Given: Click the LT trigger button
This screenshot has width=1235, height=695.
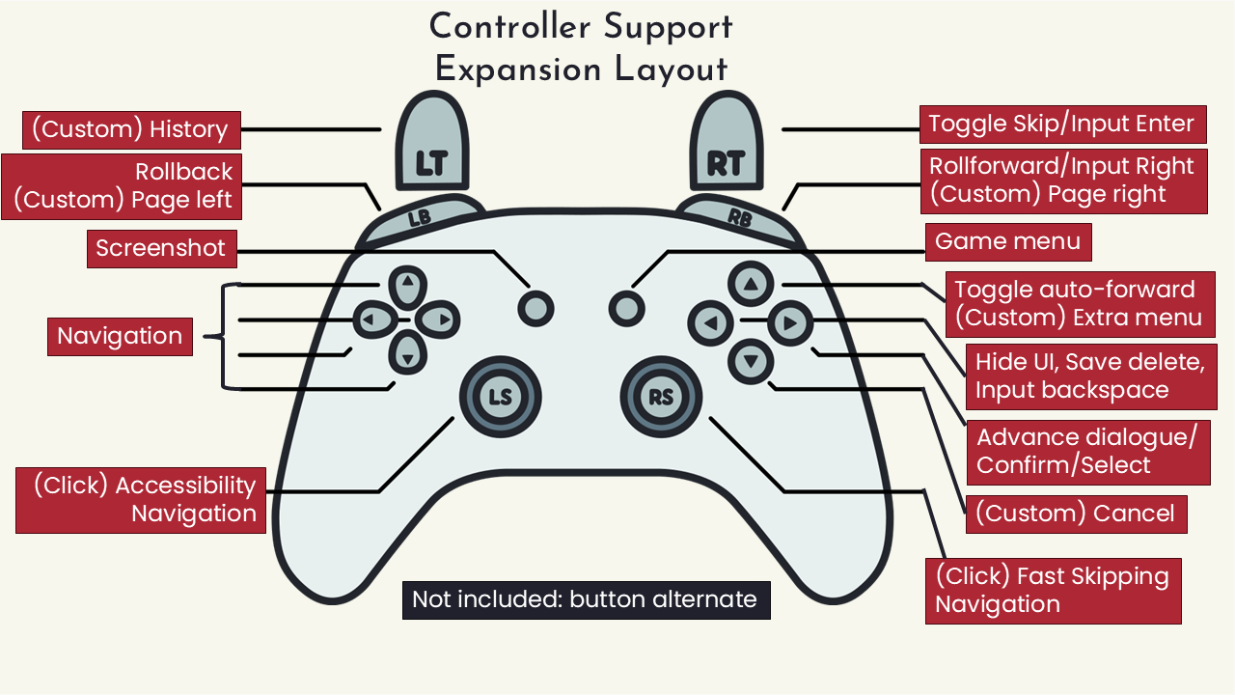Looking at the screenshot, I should [x=430, y=145].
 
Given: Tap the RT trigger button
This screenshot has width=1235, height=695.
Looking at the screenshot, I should [x=725, y=145].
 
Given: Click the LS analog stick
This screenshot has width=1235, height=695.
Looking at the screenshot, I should [x=500, y=397].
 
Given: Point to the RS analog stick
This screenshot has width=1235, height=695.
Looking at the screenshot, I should [x=661, y=397].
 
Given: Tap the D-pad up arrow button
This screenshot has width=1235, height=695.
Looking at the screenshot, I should [x=407, y=285].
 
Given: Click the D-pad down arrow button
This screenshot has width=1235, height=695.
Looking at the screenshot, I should [x=407, y=355].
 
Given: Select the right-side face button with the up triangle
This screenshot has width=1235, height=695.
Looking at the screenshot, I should [x=752, y=284].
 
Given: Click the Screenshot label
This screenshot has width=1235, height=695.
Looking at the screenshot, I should [x=160, y=249].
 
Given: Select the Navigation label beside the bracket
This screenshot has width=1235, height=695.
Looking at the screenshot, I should [x=120, y=337].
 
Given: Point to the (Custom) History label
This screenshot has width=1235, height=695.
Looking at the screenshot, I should [x=130, y=130].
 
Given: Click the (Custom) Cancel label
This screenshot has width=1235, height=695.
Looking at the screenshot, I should [x=1076, y=514].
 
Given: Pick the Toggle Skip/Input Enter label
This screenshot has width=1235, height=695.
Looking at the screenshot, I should [x=1061, y=125].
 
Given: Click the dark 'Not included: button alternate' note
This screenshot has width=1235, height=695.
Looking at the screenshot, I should [x=586, y=599].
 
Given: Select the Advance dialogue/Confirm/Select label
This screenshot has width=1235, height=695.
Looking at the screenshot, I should [x=1088, y=451].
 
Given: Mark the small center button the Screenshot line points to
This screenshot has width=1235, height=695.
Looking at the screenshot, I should [x=535, y=308].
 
